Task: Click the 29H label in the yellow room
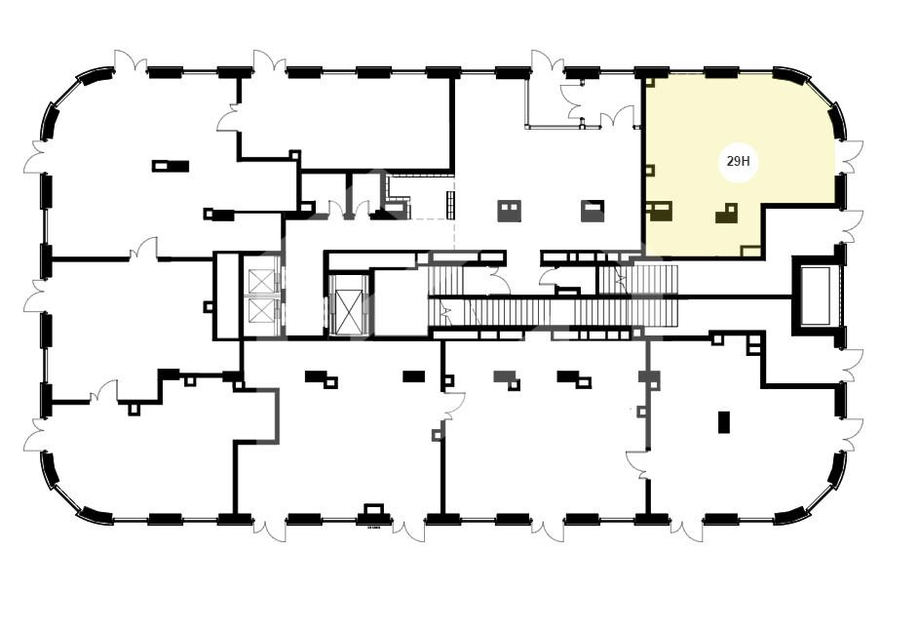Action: pyautogui.click(x=738, y=162)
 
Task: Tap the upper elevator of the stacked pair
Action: pyautogui.click(x=261, y=281)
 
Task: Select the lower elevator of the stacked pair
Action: pyautogui.click(x=261, y=311)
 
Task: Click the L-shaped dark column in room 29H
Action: pyautogui.click(x=726, y=214)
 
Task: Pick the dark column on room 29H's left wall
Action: pyautogui.click(x=660, y=212)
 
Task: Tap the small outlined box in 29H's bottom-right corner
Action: pyautogui.click(x=750, y=251)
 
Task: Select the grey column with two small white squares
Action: pyautogui.click(x=509, y=212)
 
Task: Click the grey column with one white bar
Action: pyautogui.click(x=593, y=212)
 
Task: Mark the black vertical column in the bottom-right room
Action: pyautogui.click(x=724, y=422)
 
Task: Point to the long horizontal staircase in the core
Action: pyautogui.click(x=554, y=312)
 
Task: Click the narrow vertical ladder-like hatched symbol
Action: pyautogui.click(x=450, y=205)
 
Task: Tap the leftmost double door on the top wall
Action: pyautogui.click(x=130, y=61)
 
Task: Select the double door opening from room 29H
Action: pyautogui.click(x=849, y=157)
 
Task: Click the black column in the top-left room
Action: pyautogui.click(x=171, y=166)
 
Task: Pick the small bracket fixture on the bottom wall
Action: pyautogui.click(x=374, y=509)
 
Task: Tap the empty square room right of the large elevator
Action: pyautogui.click(x=401, y=302)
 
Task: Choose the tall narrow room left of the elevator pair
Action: pyautogui.click(x=227, y=295)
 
